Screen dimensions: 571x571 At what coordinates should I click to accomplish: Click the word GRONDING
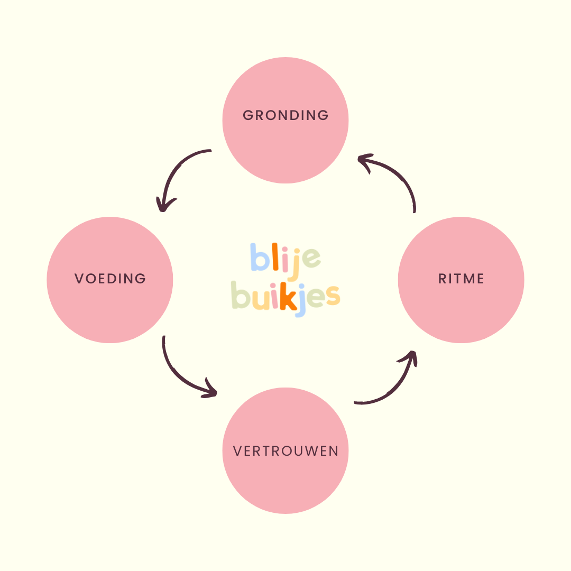coord(285,115)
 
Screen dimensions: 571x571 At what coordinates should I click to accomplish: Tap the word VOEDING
coord(110,279)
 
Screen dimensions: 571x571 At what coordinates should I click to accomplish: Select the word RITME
coord(461,279)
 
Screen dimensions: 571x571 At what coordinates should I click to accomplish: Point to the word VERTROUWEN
coord(285,451)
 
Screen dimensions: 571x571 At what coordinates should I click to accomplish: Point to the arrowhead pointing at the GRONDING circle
coord(364,160)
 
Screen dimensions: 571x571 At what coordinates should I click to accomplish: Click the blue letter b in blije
coord(260,257)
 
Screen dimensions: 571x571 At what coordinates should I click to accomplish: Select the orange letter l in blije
coord(276,256)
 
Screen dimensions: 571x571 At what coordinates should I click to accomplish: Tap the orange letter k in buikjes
coord(289,297)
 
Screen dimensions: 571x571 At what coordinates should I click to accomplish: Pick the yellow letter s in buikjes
coord(333,298)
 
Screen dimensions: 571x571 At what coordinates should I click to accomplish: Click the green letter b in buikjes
coord(241,295)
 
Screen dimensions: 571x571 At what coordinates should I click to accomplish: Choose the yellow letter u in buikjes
coord(261,299)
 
